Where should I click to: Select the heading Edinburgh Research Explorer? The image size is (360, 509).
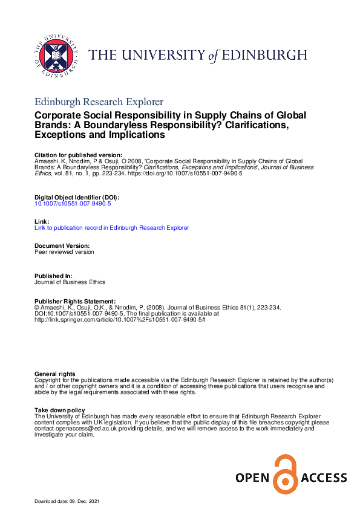[99, 102]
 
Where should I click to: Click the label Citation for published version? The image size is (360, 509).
[79, 155]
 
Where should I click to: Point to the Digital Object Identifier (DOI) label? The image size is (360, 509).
[77, 198]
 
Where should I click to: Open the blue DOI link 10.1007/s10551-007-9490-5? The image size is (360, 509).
[73, 204]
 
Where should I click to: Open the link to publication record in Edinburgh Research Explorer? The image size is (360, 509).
[112, 228]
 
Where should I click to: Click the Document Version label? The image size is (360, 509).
[62, 246]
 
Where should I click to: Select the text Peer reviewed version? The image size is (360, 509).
[64, 252]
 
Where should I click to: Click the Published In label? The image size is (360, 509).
[54, 276]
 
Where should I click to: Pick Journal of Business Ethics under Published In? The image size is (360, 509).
[70, 282]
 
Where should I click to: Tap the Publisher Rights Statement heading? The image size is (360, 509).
[75, 301]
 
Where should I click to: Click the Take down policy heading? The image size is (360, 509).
[59, 410]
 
